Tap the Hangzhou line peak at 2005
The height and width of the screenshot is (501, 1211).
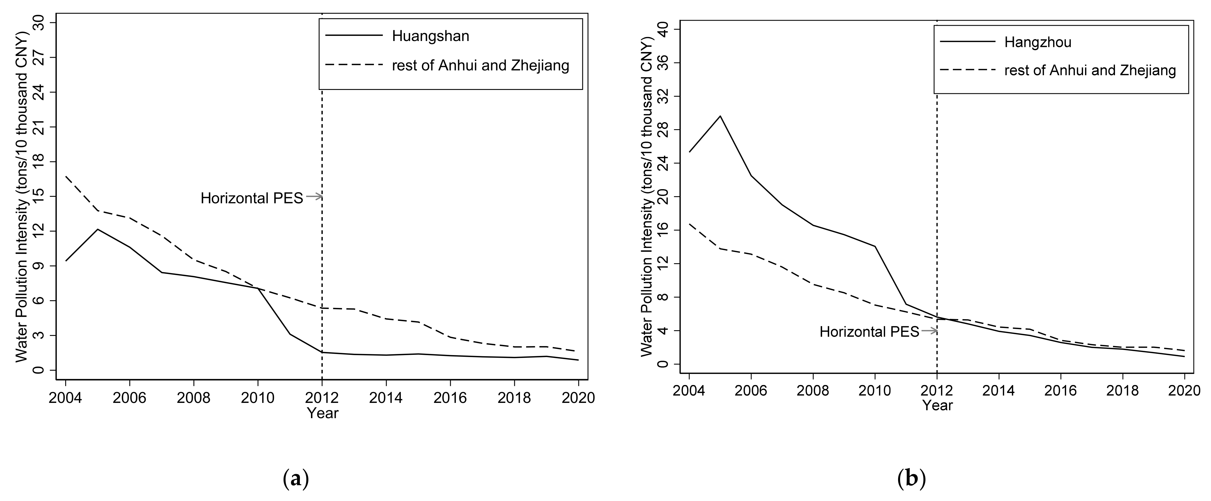tap(720, 116)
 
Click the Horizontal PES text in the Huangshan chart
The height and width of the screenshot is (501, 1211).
tap(252, 198)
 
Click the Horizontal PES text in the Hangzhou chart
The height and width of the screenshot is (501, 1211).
tap(869, 332)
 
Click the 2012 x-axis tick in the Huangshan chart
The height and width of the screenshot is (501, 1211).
tap(322, 398)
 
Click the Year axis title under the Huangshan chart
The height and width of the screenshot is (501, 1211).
tap(323, 413)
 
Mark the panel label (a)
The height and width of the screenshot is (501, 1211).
tap(296, 479)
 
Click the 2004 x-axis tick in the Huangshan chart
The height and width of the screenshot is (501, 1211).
tap(65, 398)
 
